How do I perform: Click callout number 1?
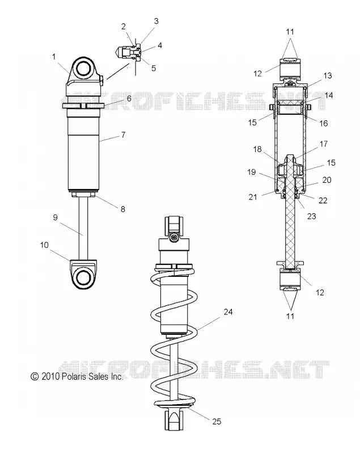[x=54, y=56]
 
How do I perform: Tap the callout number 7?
[x=123, y=135]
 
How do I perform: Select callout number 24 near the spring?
[x=228, y=312]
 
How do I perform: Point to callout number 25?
[x=217, y=422]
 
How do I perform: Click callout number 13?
[x=328, y=75]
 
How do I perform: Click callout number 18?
[x=257, y=149]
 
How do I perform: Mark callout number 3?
[x=156, y=21]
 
